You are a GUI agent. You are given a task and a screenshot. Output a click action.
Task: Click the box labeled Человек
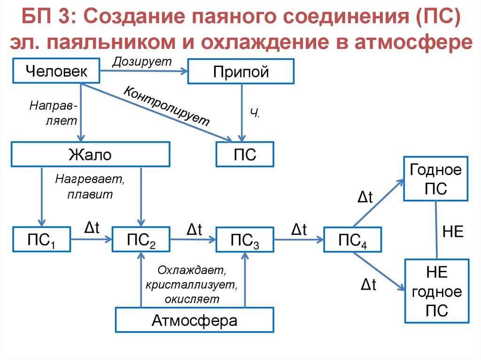tap(56, 71)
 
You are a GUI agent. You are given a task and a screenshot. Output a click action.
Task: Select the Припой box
tap(240, 71)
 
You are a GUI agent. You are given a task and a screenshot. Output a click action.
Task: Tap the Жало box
tap(90, 154)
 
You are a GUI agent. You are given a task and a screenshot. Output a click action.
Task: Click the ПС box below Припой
tap(245, 154)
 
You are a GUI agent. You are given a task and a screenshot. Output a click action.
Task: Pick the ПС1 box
tap(41, 241)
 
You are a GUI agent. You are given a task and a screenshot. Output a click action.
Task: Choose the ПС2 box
tap(141, 241)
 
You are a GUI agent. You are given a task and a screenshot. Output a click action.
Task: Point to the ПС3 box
tap(245, 241)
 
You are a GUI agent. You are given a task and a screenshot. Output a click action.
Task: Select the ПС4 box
tap(352, 241)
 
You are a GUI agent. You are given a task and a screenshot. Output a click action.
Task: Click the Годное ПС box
tap(436, 178)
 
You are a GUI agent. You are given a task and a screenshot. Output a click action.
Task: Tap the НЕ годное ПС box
tap(436, 291)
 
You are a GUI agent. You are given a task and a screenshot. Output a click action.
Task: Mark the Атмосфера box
tap(194, 321)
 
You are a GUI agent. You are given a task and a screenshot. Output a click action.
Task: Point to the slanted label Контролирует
tap(166, 106)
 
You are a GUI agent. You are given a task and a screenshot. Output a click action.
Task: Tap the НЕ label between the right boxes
tap(453, 232)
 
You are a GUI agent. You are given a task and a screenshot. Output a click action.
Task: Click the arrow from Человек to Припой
tap(143, 71)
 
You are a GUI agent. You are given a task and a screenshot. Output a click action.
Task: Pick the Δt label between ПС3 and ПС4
tap(299, 230)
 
